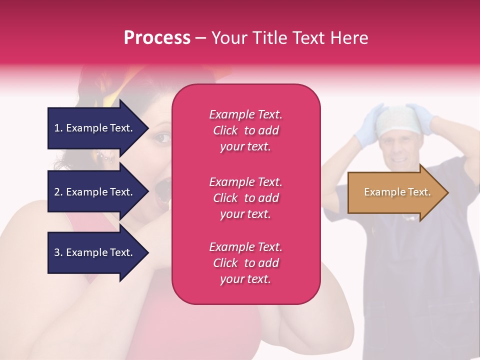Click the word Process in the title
(157, 38)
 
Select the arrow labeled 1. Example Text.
(97, 128)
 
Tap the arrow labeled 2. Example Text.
(97, 192)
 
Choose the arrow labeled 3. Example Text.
(97, 252)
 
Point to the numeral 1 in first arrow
(56, 128)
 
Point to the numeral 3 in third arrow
(57, 252)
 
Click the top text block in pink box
(245, 130)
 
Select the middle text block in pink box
(245, 198)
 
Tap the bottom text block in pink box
(245, 263)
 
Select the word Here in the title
(349, 38)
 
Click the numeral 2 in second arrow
(57, 192)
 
